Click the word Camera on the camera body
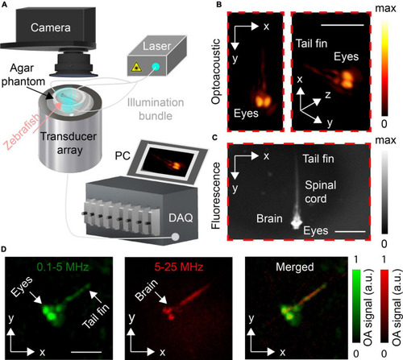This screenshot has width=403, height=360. click(51, 27)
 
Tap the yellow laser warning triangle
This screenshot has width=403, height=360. click(136, 67)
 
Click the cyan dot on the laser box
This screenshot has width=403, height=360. click(156, 66)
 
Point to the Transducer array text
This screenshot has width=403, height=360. click(69, 143)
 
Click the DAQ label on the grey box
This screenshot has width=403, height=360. click(181, 217)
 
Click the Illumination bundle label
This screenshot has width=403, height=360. click(156, 109)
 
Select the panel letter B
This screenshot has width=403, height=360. click(219, 5)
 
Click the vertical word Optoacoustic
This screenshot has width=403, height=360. click(216, 72)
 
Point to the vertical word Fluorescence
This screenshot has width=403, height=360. click(216, 196)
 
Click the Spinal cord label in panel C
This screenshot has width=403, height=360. click(321, 192)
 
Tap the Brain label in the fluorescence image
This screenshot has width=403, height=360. click(269, 218)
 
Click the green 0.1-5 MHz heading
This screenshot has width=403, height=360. click(63, 267)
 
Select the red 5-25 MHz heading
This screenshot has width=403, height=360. click(179, 267)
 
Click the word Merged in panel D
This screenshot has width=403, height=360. click(295, 267)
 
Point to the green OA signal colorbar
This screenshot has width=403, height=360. click(356, 306)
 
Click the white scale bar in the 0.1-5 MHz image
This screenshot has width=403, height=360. click(86, 352)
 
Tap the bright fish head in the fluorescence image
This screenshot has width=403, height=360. click(297, 222)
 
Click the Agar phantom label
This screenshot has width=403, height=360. click(23, 75)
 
